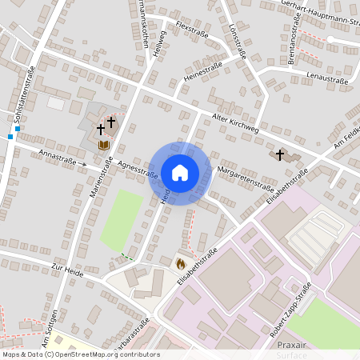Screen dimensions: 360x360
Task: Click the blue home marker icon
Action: click(x=180, y=173)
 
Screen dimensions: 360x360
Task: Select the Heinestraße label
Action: click(x=202, y=72)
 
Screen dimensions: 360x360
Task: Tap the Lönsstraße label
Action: click(x=235, y=40)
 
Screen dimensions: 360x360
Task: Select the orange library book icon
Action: click(x=103, y=145)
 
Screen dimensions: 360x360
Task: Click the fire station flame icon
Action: click(x=180, y=262)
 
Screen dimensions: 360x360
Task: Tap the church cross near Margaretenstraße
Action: click(x=280, y=154)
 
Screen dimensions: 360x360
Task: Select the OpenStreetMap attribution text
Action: click(x=80, y=354)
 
